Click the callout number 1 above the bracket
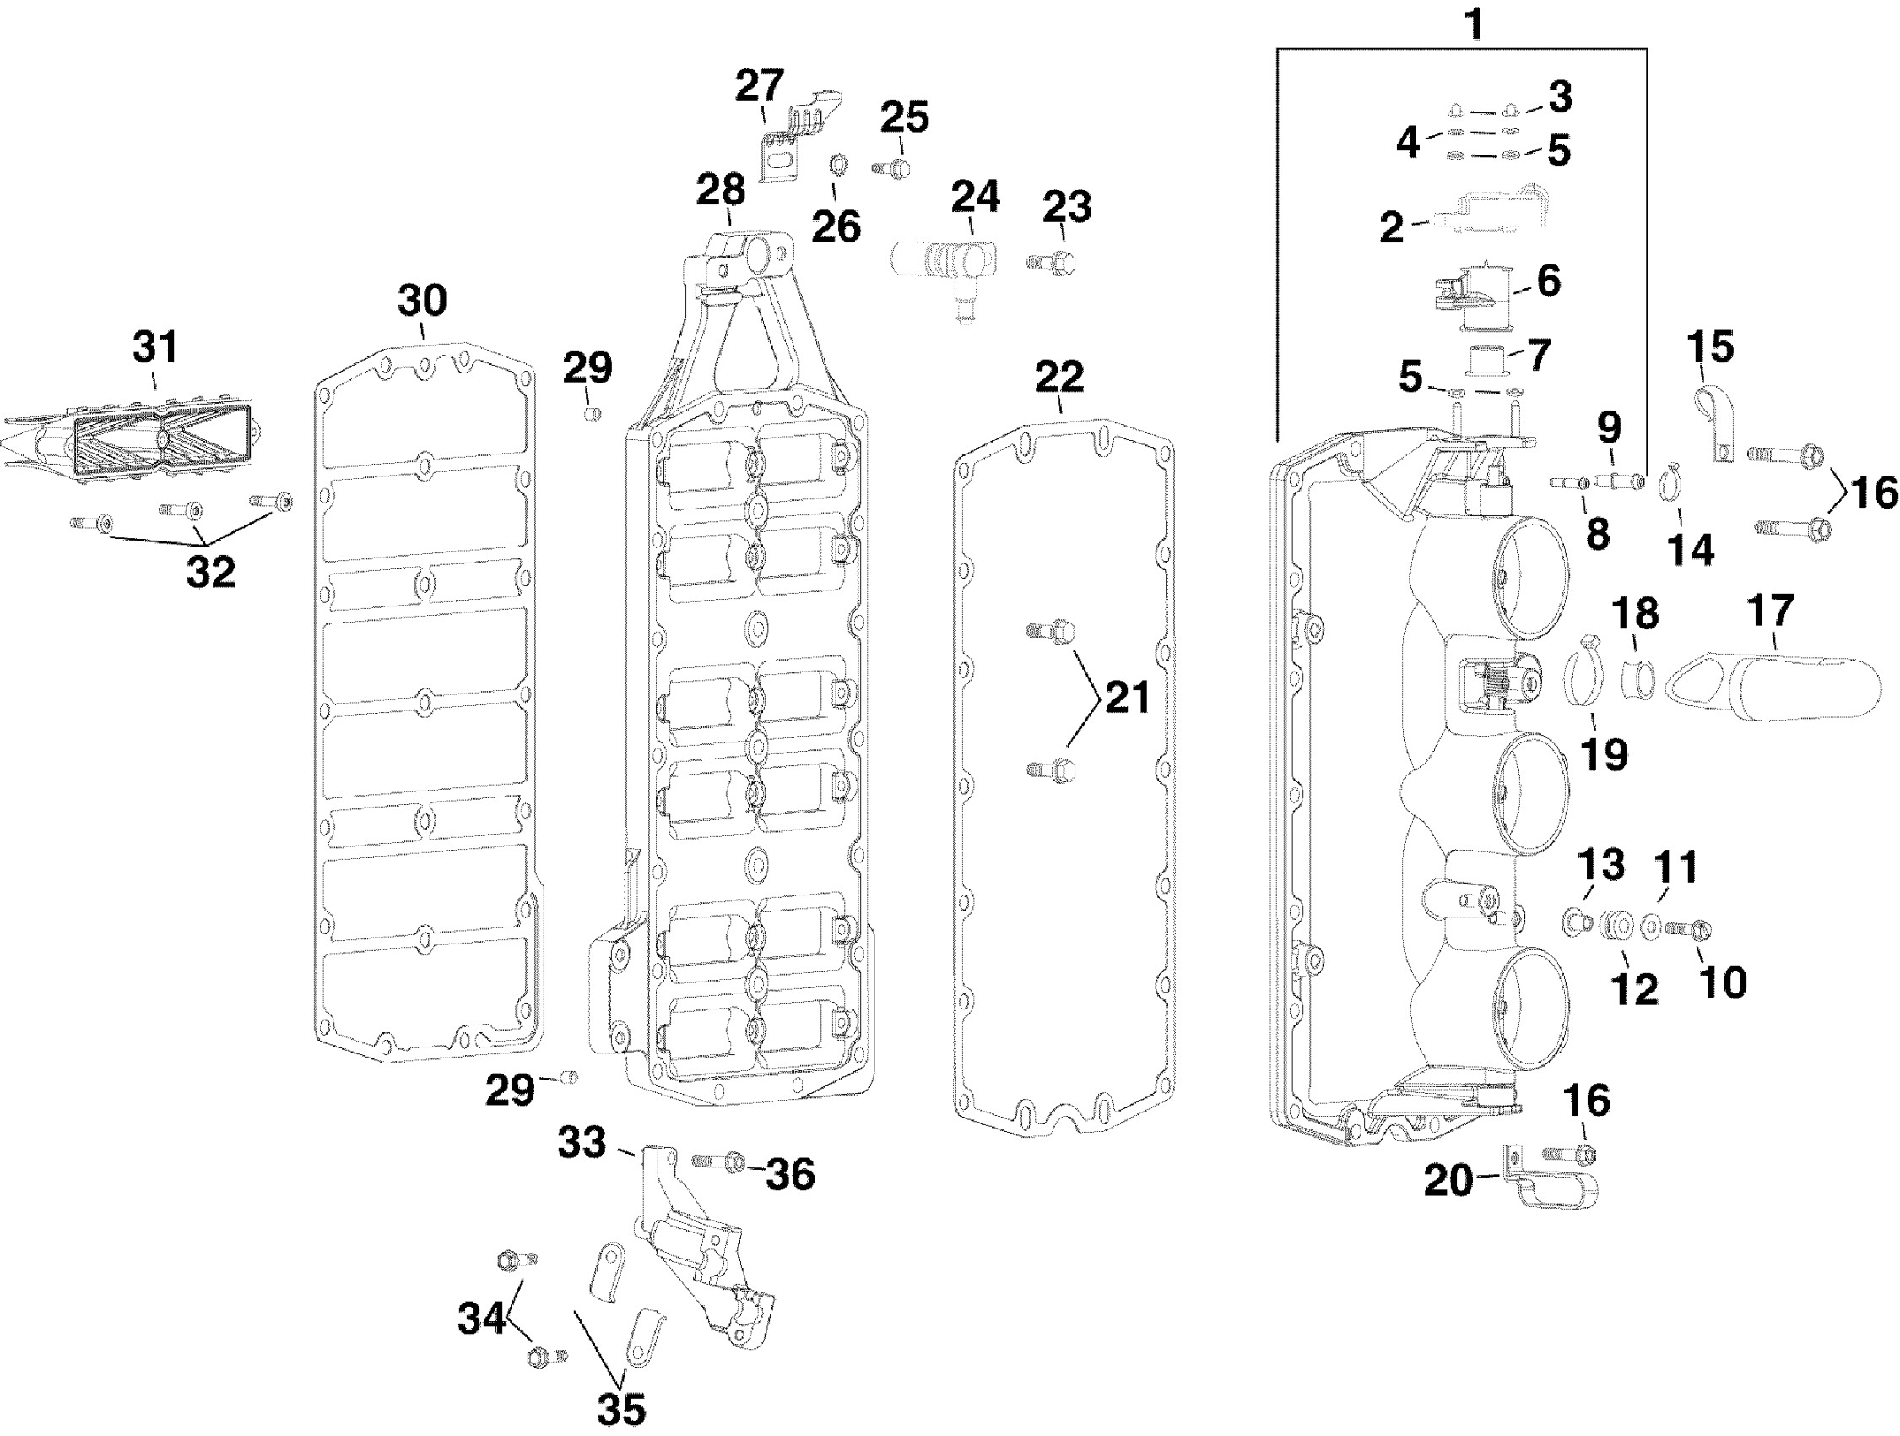[1473, 24]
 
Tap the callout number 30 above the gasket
[422, 301]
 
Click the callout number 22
[1058, 377]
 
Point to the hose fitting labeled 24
[945, 266]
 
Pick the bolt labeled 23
[1053, 261]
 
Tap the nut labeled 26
[836, 162]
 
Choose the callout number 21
[1127, 697]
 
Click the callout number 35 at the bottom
[620, 1409]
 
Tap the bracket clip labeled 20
[1551, 1185]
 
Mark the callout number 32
[210, 572]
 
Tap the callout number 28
[720, 190]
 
